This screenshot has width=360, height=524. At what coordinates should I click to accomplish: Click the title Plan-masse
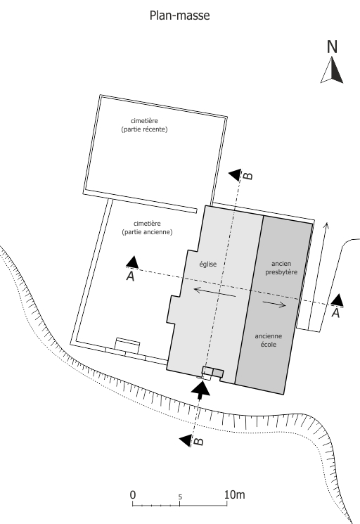pyautogui.click(x=180, y=15)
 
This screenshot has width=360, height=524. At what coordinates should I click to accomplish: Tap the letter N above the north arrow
pyautogui.click(x=332, y=47)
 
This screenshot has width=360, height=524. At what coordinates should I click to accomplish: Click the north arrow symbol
pyautogui.click(x=332, y=70)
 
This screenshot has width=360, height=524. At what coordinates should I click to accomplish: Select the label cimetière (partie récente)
pyautogui.click(x=144, y=125)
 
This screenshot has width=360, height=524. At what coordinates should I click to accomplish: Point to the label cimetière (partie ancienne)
pyautogui.click(x=147, y=228)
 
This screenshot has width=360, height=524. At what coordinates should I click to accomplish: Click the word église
pyautogui.click(x=208, y=264)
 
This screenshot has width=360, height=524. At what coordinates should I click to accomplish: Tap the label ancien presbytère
pyautogui.click(x=281, y=268)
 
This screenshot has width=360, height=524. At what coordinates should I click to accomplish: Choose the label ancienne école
pyautogui.click(x=269, y=340)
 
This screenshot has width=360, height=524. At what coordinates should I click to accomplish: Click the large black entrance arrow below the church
pyautogui.click(x=200, y=390)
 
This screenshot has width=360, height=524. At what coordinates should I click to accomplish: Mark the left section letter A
pyautogui.click(x=130, y=276)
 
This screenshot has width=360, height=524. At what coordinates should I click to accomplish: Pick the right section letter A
pyautogui.click(x=335, y=313)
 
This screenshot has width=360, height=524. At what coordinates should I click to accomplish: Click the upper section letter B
pyautogui.click(x=247, y=176)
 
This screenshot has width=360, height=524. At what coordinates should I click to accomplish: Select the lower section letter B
pyautogui.click(x=199, y=441)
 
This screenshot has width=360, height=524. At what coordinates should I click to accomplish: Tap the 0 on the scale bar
pyautogui.click(x=133, y=494)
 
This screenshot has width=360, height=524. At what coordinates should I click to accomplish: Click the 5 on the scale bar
pyautogui.click(x=180, y=497)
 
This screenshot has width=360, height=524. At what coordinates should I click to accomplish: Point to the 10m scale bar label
pyautogui.click(x=235, y=494)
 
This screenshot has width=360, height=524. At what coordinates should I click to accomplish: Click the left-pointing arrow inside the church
pyautogui.click(x=214, y=291)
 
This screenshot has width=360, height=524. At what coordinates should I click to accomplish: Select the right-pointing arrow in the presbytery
pyautogui.click(x=274, y=303)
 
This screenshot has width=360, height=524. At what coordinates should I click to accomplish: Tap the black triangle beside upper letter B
pyautogui.click(x=236, y=175)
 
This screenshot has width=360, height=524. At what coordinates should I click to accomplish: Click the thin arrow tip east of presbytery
pyautogui.click(x=327, y=222)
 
